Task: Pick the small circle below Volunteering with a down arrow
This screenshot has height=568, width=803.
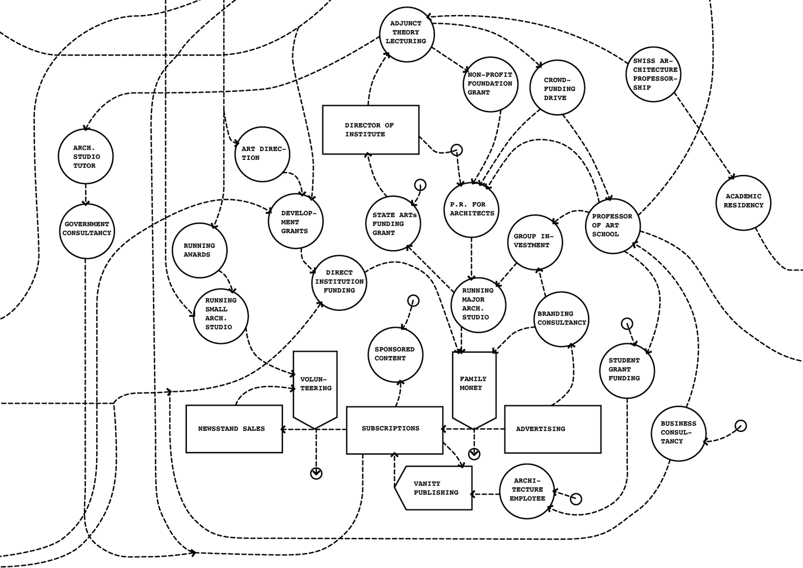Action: [x=316, y=473]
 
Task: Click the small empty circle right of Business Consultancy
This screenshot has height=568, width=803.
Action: [x=741, y=426]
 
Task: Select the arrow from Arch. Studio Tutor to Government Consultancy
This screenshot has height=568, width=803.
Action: [x=86, y=194]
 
